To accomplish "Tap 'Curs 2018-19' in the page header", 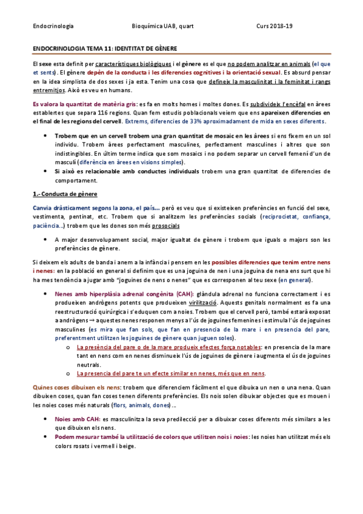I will (275, 26).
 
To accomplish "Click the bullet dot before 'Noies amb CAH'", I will (47, 418).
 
